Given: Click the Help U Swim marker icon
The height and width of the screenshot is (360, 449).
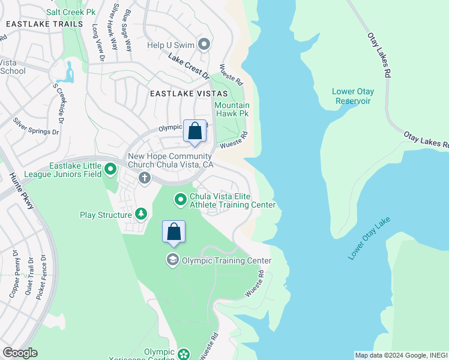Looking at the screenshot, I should [204, 44].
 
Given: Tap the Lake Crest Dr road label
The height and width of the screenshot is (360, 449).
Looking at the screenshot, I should [188, 67].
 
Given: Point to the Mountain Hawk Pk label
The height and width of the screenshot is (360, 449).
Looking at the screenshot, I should [232, 109].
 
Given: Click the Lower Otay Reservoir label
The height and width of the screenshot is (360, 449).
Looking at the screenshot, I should [353, 96].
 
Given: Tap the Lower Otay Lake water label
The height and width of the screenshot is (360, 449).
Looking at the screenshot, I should [369, 239].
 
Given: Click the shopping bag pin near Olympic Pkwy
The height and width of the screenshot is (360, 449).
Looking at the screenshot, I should [195, 131].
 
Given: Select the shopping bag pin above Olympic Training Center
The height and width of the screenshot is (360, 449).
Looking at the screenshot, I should [173, 232].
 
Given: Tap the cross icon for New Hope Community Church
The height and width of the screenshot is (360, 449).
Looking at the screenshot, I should [144, 178].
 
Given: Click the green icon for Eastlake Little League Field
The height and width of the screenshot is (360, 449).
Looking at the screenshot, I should [110, 170].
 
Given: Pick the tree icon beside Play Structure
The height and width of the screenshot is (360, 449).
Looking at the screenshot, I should [141, 214].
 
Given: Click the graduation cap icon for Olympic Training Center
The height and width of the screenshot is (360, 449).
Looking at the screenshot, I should [172, 259].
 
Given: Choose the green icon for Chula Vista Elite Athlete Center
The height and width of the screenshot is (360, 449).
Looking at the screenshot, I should [180, 199].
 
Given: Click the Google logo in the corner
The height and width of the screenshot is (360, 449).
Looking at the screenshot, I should [20, 352].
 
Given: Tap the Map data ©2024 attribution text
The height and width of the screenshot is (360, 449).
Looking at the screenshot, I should [400, 355].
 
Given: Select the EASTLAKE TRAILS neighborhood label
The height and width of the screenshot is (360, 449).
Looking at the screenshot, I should [44, 24].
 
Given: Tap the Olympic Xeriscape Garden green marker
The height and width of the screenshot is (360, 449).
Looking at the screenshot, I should [184, 354].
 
